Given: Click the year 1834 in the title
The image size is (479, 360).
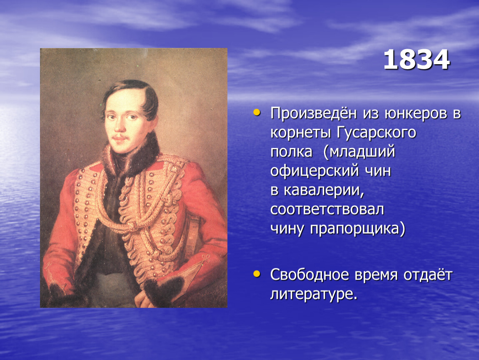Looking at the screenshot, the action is [x=417, y=60].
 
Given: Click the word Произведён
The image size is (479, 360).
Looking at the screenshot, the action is [x=313, y=113].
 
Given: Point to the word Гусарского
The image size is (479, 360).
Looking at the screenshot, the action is [x=377, y=133].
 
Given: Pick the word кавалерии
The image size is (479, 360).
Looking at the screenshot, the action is [x=324, y=190].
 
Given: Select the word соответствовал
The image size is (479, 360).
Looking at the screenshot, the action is [x=327, y=210].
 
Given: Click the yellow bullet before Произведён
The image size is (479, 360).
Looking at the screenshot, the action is [x=257, y=113].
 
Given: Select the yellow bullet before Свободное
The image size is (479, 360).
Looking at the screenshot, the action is [x=257, y=274].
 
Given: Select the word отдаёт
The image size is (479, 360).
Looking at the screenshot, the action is [x=428, y=275].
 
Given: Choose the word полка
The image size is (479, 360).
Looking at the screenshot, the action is [x=291, y=152].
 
